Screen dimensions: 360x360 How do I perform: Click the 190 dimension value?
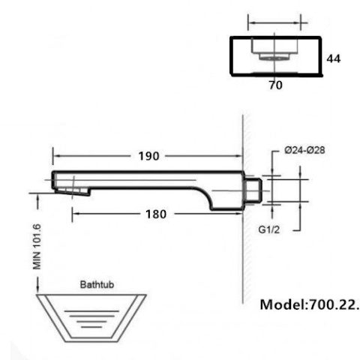pyautogui.click(x=148, y=156)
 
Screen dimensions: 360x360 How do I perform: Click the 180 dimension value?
pyautogui.click(x=156, y=214)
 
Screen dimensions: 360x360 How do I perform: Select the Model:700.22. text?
pyautogui.click(x=309, y=305)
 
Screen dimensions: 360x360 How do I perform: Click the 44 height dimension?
pyautogui.click(x=334, y=57)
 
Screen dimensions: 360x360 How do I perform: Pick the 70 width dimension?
pyautogui.click(x=275, y=85)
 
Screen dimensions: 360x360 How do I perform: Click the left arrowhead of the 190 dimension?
pyautogui.click(x=55, y=156)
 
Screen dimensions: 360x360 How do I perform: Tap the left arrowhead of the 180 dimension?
pyautogui.click(x=75, y=214)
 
